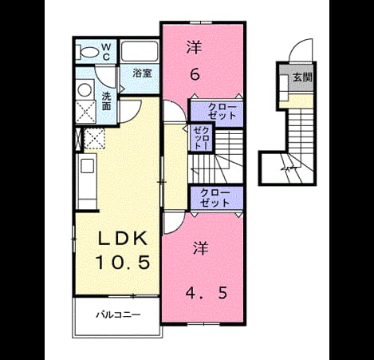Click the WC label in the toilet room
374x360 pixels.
coord(106,52)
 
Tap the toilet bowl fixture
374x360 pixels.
coord(87,52)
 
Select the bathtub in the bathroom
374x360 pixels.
coord(140,51)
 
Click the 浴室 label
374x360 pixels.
coord(143,73)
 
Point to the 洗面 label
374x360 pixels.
coord(107,101)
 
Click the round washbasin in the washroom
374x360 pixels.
coord(85,90)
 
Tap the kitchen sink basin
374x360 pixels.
coord(88,165)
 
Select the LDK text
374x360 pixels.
coord(123,239)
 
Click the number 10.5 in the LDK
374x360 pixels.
coord(123,262)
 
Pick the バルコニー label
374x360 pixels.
coord(118,315)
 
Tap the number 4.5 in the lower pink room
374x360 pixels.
coord(207,293)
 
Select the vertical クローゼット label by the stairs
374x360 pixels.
coord(202,137)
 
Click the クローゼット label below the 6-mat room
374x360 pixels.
coord(222,111)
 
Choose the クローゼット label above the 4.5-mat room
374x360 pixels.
coord(215,198)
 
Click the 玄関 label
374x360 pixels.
coord(302,77)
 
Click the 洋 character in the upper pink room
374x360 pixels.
coord(195,48)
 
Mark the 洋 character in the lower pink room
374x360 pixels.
coord(201,248)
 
